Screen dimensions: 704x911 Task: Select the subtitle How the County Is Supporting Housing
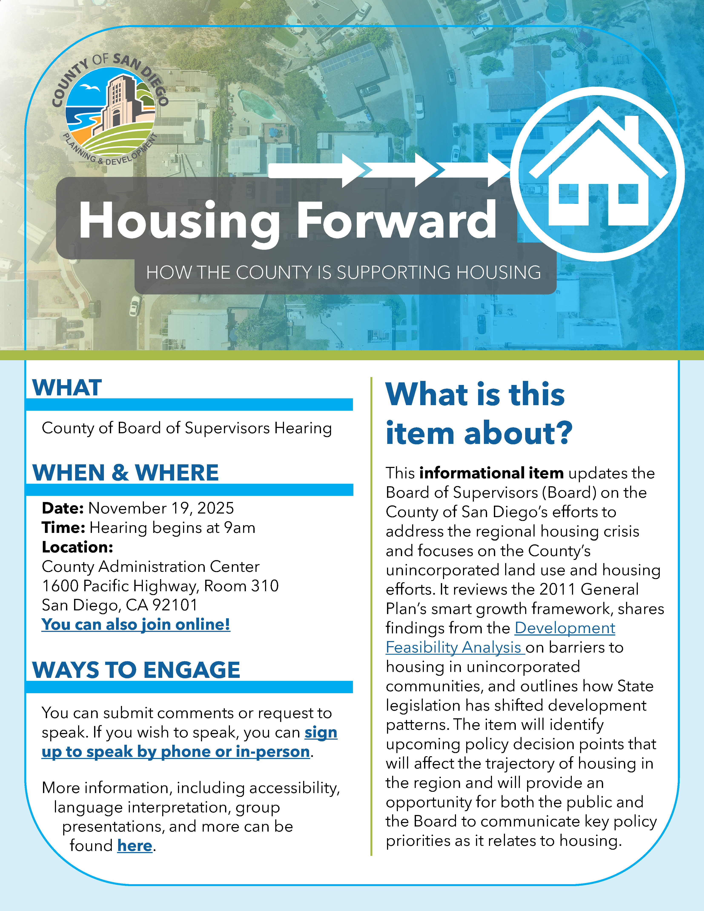pos(344,272)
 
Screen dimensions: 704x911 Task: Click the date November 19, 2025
pos(161,508)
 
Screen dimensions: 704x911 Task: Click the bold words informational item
pos(491,473)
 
